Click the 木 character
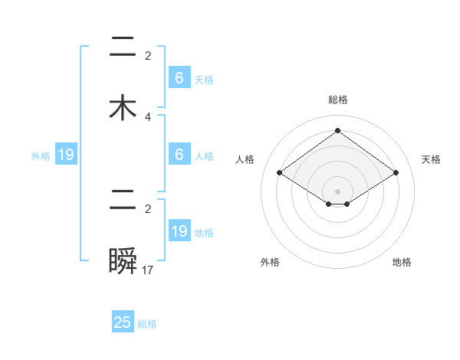(123, 107)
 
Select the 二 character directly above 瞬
(123, 203)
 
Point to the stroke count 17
(149, 270)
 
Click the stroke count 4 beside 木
(148, 116)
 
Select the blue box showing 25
(123, 322)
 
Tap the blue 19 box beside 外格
(66, 155)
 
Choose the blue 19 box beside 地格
(179, 231)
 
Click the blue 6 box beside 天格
(179, 78)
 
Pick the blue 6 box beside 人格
(179, 155)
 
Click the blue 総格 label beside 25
(147, 324)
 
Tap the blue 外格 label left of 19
(41, 156)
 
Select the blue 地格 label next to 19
(204, 233)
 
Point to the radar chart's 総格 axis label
(337, 100)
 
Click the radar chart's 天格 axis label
(432, 159)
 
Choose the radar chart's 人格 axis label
(245, 159)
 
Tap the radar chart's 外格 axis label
(270, 262)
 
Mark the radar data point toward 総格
(337, 130)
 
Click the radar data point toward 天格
(396, 173)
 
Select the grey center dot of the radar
(337, 191)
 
